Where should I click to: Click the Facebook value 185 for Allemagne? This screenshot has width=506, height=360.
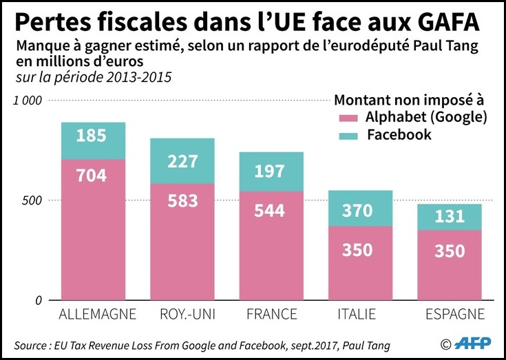(92, 136)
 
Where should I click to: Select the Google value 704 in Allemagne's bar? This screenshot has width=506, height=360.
(92, 175)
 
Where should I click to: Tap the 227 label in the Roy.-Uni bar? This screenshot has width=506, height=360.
(182, 162)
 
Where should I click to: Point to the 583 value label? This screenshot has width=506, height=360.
(182, 200)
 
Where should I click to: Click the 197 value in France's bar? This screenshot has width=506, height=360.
(269, 171)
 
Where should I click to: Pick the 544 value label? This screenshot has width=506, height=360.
(269, 211)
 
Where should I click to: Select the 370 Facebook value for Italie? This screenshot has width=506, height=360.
(357, 211)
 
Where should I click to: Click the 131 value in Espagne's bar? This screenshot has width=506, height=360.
(450, 216)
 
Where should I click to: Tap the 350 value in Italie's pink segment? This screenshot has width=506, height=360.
(357, 250)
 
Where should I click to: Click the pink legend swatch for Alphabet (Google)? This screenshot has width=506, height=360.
(348, 118)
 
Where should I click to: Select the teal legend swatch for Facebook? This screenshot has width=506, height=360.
(348, 136)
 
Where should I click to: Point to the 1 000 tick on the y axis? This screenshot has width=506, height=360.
(28, 100)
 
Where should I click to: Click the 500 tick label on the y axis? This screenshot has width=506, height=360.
(32, 200)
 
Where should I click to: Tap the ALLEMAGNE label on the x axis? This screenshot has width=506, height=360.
(98, 314)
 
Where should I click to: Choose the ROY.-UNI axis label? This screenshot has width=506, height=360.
(187, 314)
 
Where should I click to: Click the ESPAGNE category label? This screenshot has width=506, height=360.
(455, 314)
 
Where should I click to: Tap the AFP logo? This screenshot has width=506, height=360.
(472, 343)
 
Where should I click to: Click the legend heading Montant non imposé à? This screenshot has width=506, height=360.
(409, 100)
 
